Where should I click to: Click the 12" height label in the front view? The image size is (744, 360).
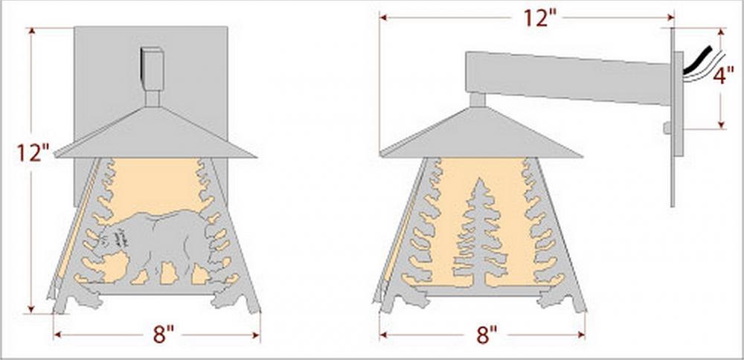tap(33, 152)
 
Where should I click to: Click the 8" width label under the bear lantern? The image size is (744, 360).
tap(164, 335)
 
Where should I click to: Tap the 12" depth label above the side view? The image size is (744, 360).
tap(539, 18)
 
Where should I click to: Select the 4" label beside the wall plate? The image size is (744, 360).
tap(723, 75)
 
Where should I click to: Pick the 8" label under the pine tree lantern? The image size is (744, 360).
tap(488, 335)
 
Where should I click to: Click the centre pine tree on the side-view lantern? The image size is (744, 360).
tap(480, 232)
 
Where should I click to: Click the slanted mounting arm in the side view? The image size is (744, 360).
tap(568, 77)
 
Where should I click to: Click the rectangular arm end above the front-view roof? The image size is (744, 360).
tap(153, 69)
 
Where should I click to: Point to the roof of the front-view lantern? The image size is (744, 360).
tap(155, 133)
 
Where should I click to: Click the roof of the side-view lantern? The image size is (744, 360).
tap(481, 133)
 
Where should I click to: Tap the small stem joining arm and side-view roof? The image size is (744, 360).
tap(478, 100)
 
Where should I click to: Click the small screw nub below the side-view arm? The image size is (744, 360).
tap(667, 128)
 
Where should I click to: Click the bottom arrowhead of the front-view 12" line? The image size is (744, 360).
tap(31, 309)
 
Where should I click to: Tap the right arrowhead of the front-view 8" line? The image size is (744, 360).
tap(256, 335)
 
